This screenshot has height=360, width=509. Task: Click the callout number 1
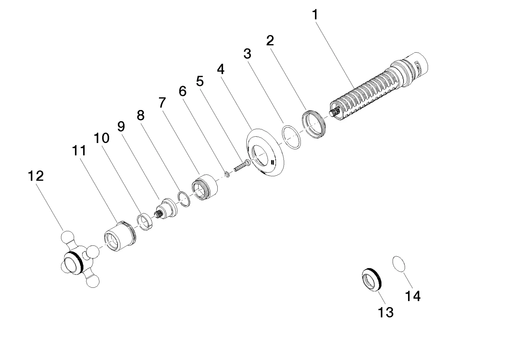coord(315,15)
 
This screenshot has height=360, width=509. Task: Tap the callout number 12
coord(36,176)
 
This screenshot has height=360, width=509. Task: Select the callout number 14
coord(413,296)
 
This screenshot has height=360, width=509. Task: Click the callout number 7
coord(162,103)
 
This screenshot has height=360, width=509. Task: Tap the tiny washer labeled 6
coord(227,174)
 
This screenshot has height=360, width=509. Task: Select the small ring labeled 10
coord(145,222)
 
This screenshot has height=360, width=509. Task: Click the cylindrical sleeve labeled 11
coord(120,236)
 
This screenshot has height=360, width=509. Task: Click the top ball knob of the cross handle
coord(68,237)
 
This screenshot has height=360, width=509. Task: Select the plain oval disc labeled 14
coord(399,264)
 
